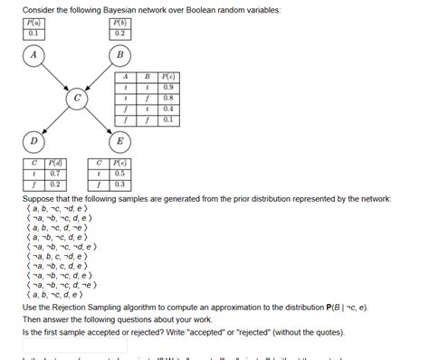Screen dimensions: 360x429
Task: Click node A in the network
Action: pos(33,55)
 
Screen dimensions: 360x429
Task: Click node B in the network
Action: pos(119,55)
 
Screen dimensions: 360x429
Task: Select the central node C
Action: pos(77,98)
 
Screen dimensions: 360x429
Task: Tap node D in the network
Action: pos(33,141)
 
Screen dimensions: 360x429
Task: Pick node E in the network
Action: pos(119,141)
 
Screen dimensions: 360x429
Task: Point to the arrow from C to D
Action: pos(54,120)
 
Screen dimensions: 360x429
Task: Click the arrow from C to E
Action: pos(99,120)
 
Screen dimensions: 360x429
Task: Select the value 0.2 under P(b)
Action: pos(119,33)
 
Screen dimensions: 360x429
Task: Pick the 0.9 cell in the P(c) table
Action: pos(168,89)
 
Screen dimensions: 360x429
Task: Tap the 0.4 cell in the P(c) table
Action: pos(168,109)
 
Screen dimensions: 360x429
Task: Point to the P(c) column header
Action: pos(168,78)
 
